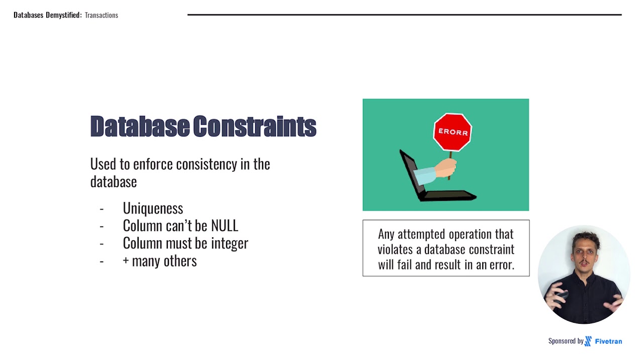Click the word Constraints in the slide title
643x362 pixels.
point(255,126)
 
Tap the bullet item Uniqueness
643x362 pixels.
point(153,208)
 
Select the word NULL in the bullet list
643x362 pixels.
point(224,226)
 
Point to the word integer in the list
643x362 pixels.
point(229,243)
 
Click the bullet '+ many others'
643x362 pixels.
point(160,261)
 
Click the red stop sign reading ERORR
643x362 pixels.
point(453,132)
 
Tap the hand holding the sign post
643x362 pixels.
point(446,168)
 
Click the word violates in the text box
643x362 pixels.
point(399,249)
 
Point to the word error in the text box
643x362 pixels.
point(500,264)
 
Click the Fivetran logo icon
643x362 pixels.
point(588,341)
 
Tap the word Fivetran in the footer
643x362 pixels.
point(608,341)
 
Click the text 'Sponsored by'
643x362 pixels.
point(566,341)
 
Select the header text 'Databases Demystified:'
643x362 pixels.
point(47,15)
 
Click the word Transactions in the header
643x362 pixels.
point(101,15)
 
